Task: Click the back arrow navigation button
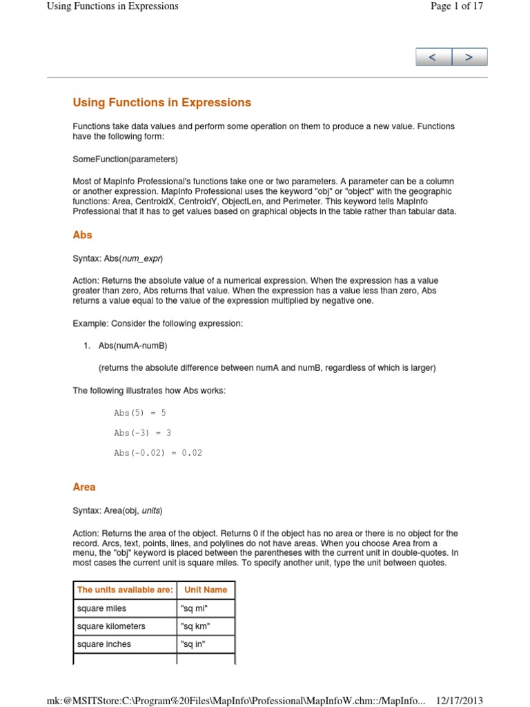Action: (433, 57)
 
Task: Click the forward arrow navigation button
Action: (469, 57)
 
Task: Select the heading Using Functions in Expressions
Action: (162, 103)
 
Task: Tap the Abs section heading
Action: (83, 235)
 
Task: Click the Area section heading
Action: (84, 487)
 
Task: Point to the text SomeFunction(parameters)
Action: (125, 159)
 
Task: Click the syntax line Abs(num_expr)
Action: (118, 258)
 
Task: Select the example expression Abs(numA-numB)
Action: (133, 345)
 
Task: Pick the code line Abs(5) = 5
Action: (140, 413)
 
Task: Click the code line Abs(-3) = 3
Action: (142, 433)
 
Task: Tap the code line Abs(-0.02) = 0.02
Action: (158, 453)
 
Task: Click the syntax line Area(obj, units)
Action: (118, 511)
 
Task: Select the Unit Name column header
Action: (206, 590)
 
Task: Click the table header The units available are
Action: (125, 590)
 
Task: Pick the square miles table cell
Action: (102, 608)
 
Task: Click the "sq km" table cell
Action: (195, 626)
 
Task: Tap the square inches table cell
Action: (104, 644)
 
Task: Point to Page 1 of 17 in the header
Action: (456, 6)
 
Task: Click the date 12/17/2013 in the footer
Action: (460, 700)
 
